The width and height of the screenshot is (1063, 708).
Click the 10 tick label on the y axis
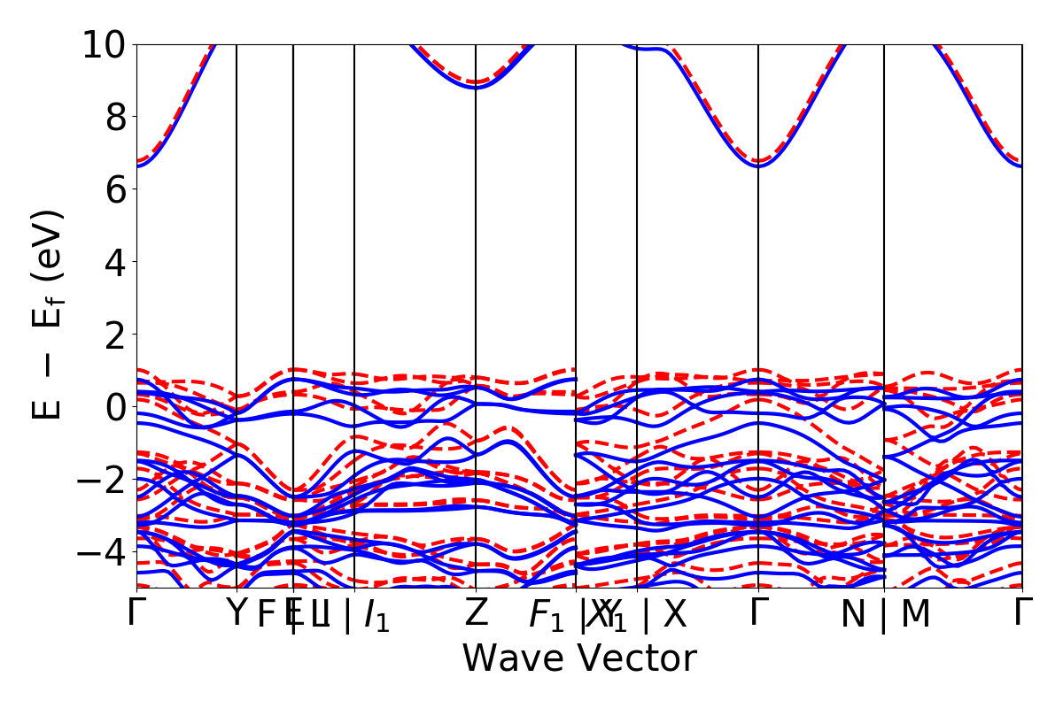tap(106, 44)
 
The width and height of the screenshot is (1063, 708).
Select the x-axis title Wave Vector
tap(579, 659)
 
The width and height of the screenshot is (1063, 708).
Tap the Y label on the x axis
tap(236, 613)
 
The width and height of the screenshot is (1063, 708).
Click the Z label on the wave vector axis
tap(477, 613)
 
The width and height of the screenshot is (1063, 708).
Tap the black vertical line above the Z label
tap(477, 265)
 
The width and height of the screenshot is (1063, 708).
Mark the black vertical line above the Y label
tap(237, 265)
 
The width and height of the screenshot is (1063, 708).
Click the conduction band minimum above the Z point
tap(477, 87)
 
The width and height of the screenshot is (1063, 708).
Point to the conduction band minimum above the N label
tap(758, 165)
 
